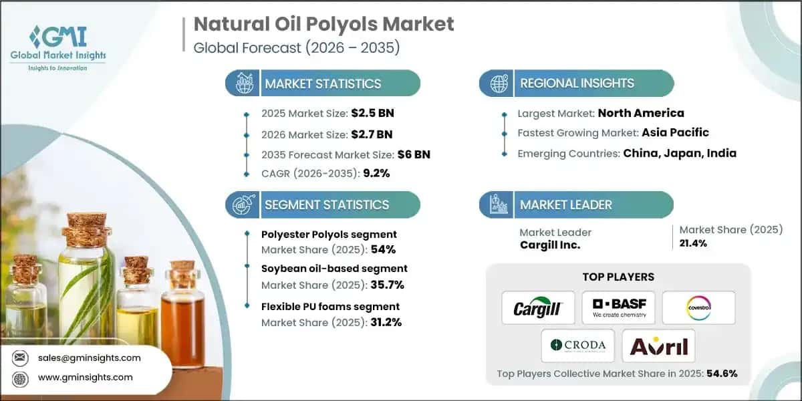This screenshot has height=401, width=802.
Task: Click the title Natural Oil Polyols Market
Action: pos(323,25)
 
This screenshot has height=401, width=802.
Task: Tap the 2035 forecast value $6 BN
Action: pos(414,154)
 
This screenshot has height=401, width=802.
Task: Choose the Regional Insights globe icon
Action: pos(498,84)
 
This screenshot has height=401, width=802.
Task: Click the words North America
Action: pos(640,113)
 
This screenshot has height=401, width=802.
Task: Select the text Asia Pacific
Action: pos(675,132)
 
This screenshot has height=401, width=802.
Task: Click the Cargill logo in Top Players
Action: pos(538,308)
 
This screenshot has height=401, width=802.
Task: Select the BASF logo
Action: pos(618,308)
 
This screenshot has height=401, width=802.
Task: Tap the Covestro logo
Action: pos(698,308)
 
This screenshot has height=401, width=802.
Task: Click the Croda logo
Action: pos(578,346)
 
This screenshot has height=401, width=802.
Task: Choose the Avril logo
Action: pos(658,346)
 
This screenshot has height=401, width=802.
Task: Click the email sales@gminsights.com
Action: pos(90,358)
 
